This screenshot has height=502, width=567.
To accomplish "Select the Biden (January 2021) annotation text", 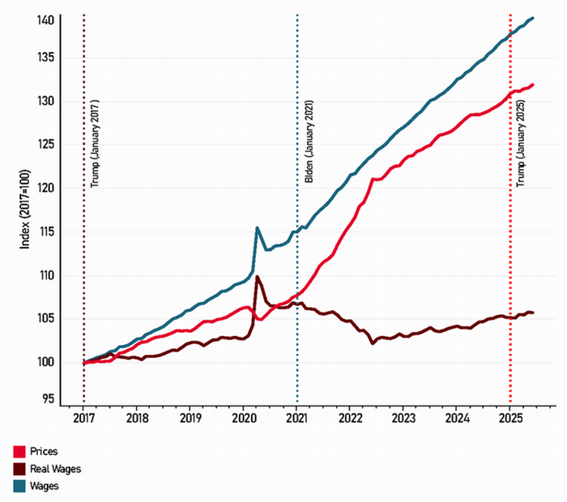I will coord(309,142).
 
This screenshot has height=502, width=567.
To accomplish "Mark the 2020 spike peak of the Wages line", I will coord(257,228).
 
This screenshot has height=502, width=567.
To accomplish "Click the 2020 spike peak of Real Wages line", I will coord(257,277).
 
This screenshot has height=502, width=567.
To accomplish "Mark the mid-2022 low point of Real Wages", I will coord(373,343).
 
